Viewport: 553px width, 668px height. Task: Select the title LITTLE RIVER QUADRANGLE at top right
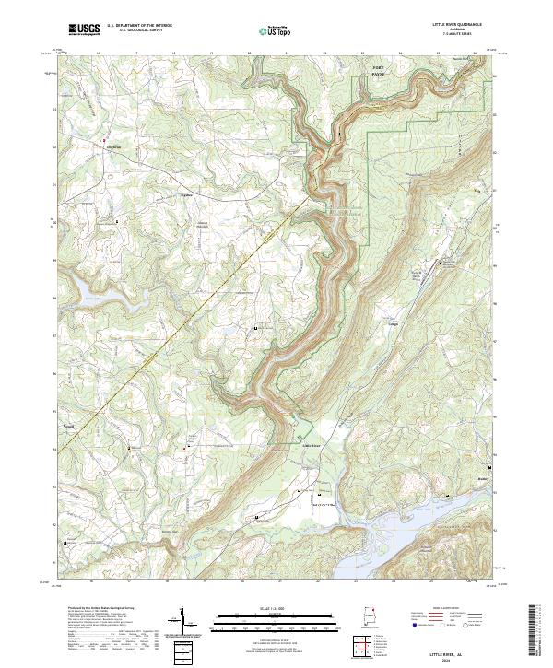click(x=457, y=24)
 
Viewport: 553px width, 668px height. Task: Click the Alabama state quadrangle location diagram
click(x=373, y=617)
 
